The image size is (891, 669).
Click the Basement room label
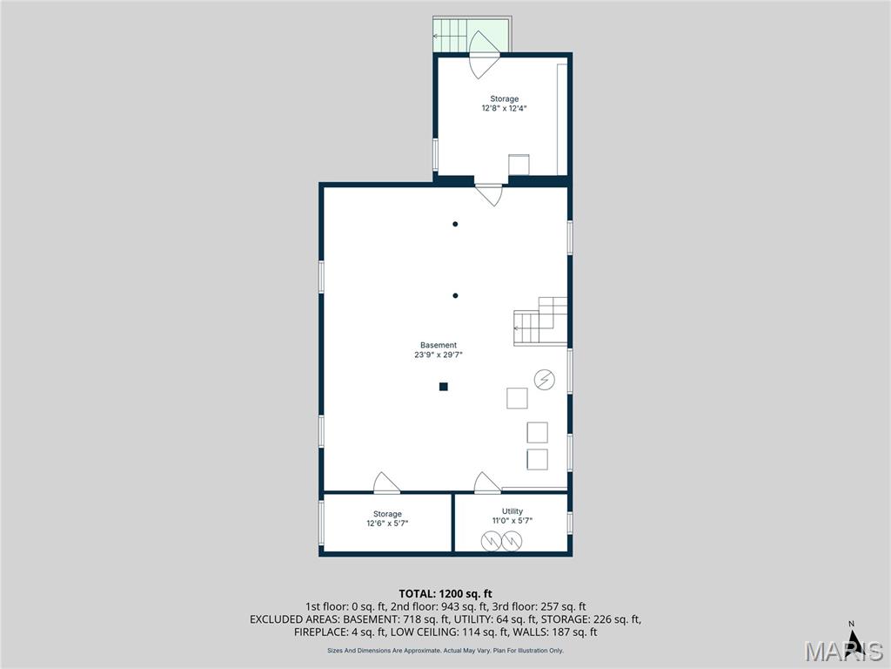point(439,345)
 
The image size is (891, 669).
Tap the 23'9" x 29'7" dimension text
point(439,355)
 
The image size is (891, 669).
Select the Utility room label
point(512,510)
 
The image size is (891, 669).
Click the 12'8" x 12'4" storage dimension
point(504,107)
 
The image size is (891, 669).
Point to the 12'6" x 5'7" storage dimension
point(387,524)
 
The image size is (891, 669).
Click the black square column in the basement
point(443,387)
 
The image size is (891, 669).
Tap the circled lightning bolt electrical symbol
point(545,380)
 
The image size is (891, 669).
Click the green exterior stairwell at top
point(472,35)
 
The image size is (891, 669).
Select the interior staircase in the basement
point(540,321)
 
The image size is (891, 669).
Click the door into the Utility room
point(487,483)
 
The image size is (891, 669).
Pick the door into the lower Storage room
point(386,483)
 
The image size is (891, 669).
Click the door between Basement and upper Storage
point(489,194)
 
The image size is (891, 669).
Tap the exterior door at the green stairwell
point(484,55)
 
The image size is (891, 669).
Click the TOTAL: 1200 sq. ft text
point(445,594)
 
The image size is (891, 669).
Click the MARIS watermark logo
point(844,651)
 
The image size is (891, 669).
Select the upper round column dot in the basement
point(455,224)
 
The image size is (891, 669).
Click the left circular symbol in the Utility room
point(491,541)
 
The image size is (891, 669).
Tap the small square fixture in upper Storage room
point(519,165)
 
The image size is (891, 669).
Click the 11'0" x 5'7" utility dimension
point(512,521)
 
